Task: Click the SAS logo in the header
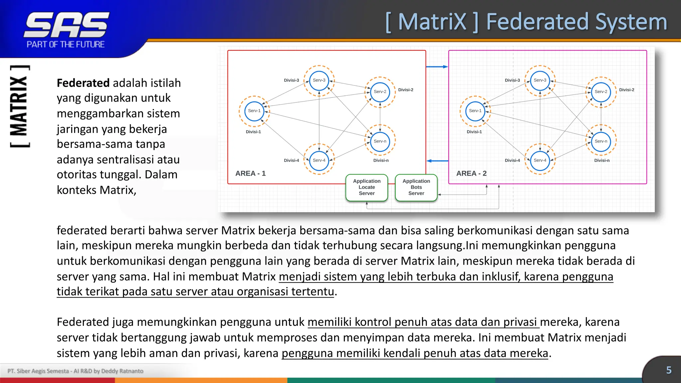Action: point(67,25)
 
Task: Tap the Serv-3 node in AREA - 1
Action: point(319,80)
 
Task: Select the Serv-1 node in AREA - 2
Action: point(475,111)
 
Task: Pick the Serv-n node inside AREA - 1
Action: point(380,141)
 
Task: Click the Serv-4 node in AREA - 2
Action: point(540,160)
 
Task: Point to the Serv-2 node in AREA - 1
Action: point(380,92)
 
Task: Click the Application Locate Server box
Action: point(366,188)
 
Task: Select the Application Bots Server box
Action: point(416,188)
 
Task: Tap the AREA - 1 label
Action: point(250,174)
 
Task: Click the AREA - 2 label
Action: point(471,174)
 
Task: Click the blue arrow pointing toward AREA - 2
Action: point(437,67)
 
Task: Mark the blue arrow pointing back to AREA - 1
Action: point(437,161)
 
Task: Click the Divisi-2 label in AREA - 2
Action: point(626,90)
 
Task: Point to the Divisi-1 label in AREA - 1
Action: point(253,132)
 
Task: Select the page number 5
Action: point(669,370)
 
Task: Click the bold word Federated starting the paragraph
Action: point(83,83)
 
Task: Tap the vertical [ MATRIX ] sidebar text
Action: point(19,106)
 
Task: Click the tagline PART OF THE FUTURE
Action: point(66,45)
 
